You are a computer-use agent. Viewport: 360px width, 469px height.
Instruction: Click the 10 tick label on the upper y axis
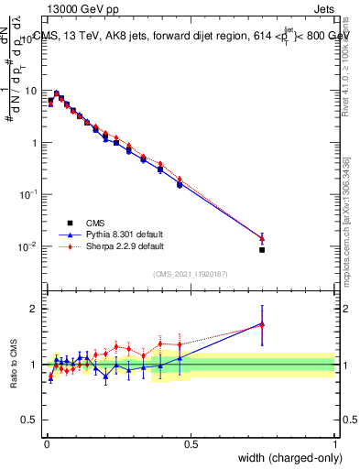pos(30,91)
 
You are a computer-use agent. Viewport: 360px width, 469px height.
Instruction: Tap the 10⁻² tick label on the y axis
pos(28,246)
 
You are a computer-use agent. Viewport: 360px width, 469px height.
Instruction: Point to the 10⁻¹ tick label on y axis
pos(28,195)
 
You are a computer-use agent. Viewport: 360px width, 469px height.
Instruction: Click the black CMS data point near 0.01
pos(262,249)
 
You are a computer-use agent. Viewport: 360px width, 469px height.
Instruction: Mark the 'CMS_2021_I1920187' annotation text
pos(191,274)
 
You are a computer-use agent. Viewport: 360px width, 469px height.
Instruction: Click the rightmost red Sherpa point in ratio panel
pos(262,325)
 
